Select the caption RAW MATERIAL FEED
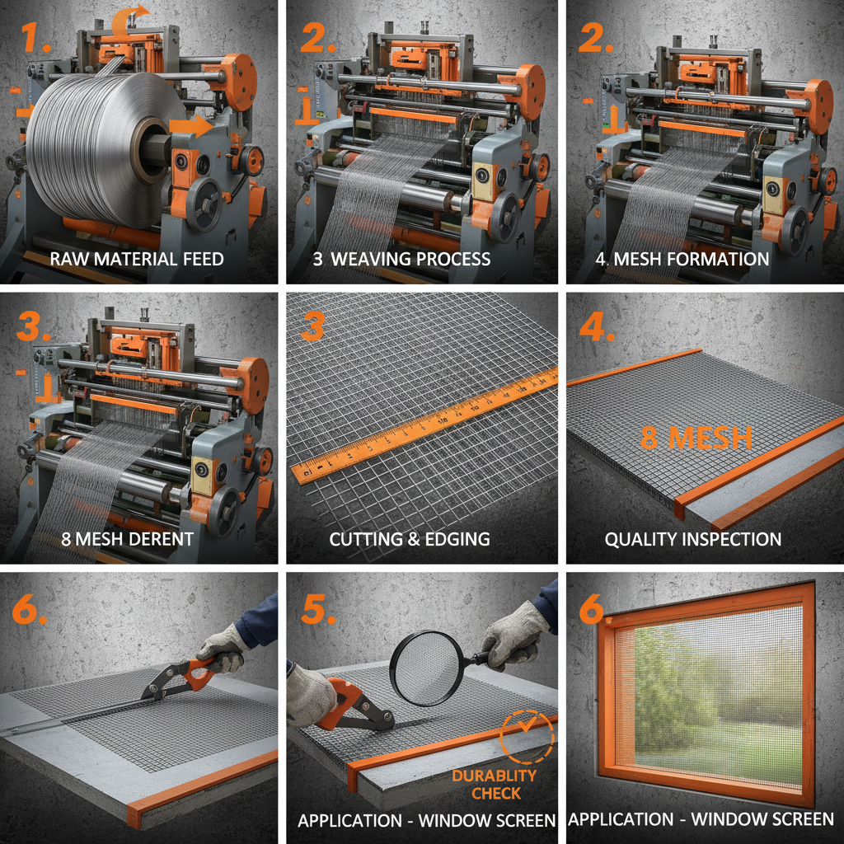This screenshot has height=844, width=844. [137, 259]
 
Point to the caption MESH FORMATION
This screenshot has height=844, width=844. [682, 259]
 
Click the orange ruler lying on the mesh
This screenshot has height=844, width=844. [429, 424]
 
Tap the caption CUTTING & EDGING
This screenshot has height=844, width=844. [410, 539]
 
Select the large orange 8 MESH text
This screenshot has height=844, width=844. [696, 438]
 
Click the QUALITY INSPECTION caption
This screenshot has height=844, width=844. [693, 539]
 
